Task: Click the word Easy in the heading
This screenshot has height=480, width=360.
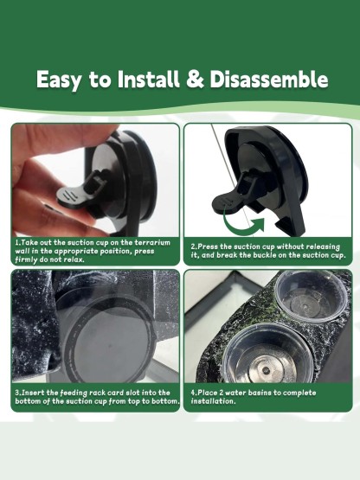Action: (x=59, y=80)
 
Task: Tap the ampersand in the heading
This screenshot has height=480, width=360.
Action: (x=195, y=80)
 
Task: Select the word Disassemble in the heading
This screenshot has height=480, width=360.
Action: (x=269, y=79)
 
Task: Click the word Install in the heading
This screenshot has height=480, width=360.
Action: (x=148, y=79)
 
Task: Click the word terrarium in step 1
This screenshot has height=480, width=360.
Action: (x=152, y=243)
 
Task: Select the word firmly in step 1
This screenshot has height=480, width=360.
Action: (x=26, y=260)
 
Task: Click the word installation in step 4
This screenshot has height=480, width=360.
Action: (x=213, y=401)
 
